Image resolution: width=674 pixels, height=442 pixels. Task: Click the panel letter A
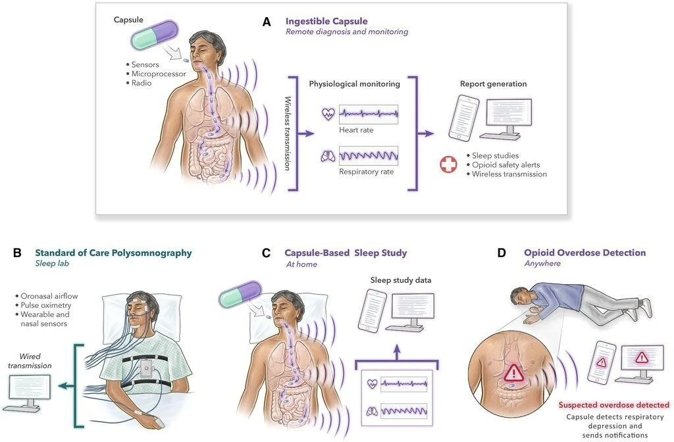(267, 21)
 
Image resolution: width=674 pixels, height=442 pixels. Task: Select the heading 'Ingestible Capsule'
(326, 21)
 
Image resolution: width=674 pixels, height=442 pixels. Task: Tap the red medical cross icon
(448, 164)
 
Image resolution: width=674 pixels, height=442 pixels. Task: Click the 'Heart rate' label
(356, 130)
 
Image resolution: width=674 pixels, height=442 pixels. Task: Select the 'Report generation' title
(493, 84)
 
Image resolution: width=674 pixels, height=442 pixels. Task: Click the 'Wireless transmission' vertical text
(288, 134)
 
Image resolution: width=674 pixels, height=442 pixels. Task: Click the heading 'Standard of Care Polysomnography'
(113, 253)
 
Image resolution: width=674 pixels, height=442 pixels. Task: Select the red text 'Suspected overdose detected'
(613, 405)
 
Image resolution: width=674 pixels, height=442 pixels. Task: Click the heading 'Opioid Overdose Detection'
(584, 253)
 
